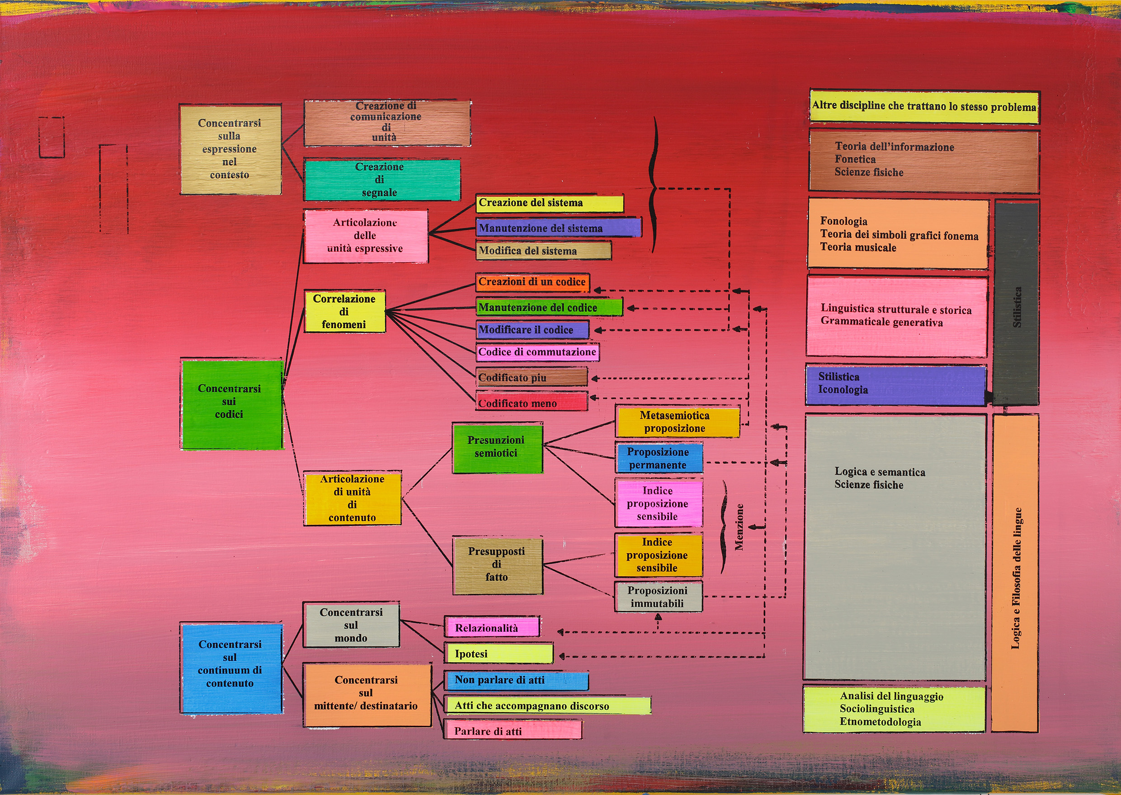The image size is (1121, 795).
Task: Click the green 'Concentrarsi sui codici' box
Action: pyautogui.click(x=231, y=404)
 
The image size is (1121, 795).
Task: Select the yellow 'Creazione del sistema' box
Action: pyautogui.click(x=549, y=203)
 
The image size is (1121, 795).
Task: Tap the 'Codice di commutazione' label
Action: pyautogui.click(x=537, y=352)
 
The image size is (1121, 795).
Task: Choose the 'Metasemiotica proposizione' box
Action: pyautogui.click(x=677, y=422)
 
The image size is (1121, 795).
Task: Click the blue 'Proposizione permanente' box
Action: pyautogui.click(x=659, y=458)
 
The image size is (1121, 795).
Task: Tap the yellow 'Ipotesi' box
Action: pyautogui.click(x=498, y=654)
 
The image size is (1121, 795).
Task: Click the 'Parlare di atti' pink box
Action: pyautogui.click(x=513, y=731)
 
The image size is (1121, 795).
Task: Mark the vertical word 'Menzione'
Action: pyautogui.click(x=739, y=527)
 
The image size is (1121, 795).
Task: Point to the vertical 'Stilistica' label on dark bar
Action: pyautogui.click(x=1017, y=307)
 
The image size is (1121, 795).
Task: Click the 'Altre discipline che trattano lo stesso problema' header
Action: pyautogui.click(x=924, y=106)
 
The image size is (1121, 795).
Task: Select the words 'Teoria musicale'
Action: pyautogui.click(x=858, y=248)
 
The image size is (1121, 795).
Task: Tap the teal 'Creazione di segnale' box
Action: pyautogui.click(x=382, y=180)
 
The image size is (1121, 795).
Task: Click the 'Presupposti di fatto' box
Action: pyautogui.click(x=497, y=564)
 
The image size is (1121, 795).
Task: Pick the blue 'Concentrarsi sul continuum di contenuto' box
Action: pyautogui.click(x=231, y=667)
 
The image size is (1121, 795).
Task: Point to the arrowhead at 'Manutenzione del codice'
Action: pyautogui.click(x=631, y=308)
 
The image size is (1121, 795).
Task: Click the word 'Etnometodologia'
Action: pyautogui.click(x=880, y=722)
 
